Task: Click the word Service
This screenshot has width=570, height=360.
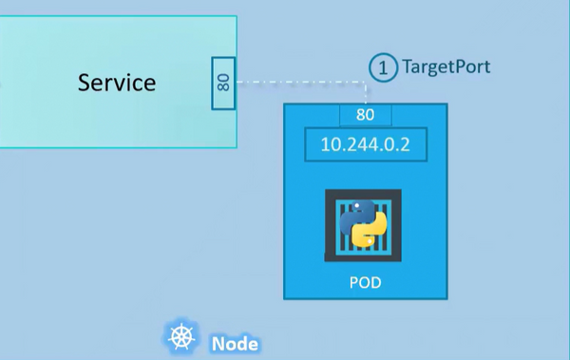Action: [117, 83]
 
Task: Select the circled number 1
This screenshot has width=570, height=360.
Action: [383, 67]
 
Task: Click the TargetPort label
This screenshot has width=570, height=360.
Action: [446, 67]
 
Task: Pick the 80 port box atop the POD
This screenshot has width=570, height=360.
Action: [366, 116]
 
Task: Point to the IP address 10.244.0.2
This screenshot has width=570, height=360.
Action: [366, 146]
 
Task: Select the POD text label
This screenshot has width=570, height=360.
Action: [366, 284]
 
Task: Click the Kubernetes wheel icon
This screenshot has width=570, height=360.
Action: [181, 337]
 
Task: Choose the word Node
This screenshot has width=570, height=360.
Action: [235, 343]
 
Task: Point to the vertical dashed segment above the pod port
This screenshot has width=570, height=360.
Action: [366, 93]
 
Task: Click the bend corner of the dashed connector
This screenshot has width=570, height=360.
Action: [366, 83]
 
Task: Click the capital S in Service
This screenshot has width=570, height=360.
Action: [84, 83]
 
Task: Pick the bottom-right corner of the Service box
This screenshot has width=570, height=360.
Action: [237, 147]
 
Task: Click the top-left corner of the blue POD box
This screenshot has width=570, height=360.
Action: [286, 105]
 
